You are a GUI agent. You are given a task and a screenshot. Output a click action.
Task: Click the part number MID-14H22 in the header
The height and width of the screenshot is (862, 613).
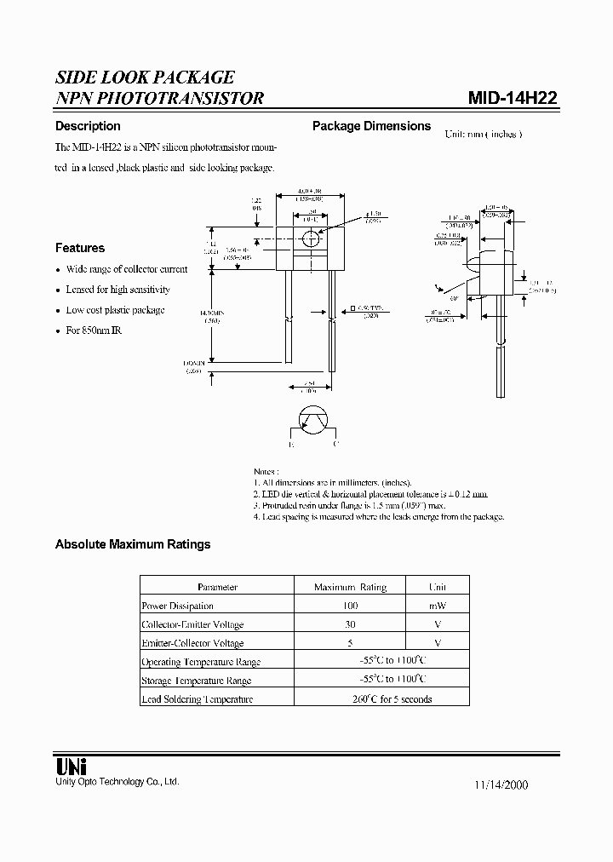513,97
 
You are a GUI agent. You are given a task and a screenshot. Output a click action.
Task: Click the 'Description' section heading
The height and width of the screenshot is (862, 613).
88,126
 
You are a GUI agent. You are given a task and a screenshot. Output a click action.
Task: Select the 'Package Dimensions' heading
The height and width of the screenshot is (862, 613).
371,126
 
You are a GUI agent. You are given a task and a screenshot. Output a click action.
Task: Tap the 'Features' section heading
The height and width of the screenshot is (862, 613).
80,248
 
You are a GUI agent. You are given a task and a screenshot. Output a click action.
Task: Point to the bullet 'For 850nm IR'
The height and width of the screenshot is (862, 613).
94,330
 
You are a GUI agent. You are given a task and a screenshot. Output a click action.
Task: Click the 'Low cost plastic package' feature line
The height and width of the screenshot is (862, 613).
115,310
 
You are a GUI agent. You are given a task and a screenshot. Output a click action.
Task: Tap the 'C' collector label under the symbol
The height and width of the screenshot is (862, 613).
335,445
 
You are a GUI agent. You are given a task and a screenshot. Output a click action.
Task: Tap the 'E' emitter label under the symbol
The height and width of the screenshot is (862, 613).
291,445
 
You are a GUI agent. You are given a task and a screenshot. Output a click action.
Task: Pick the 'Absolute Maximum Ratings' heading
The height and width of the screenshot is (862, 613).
132,544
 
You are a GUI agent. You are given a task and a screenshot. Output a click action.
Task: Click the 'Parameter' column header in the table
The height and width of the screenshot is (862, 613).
217,587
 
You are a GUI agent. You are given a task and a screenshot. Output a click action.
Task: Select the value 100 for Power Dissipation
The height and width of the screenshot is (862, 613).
350,606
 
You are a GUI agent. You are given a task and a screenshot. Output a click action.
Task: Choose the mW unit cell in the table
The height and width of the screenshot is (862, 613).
438,606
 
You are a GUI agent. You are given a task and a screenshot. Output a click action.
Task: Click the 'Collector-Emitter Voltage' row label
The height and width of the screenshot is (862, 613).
192,624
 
